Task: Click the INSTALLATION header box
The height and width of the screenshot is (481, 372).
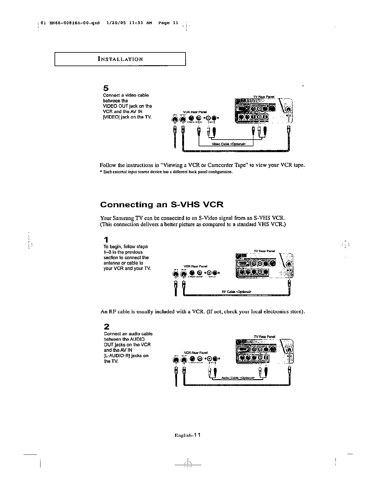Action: pyautogui.click(x=120, y=59)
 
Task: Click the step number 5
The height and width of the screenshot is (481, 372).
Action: pyautogui.click(x=106, y=88)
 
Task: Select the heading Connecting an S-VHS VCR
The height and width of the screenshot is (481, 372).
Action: pyautogui.click(x=162, y=205)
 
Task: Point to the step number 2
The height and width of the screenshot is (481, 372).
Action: pyautogui.click(x=107, y=327)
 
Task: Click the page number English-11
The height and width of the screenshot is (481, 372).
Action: pyautogui.click(x=187, y=435)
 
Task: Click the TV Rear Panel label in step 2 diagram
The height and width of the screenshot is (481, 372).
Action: pyautogui.click(x=264, y=337)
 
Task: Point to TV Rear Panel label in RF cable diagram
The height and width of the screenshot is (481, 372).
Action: pyautogui.click(x=264, y=251)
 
